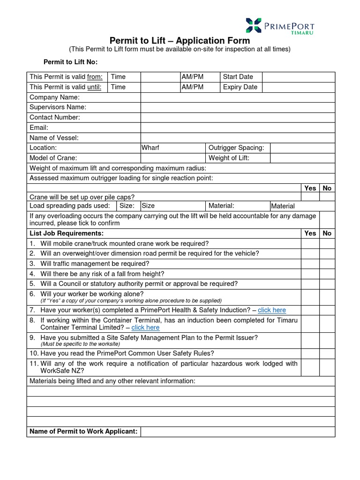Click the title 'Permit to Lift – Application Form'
click(180, 41)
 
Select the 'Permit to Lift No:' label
click(70, 62)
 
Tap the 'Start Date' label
click(238, 77)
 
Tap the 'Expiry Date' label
click(240, 87)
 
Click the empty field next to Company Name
click(238, 97)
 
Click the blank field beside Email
click(238, 127)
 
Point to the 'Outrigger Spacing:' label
click(236, 148)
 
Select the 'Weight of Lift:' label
click(229, 158)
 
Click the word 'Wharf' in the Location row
click(150, 148)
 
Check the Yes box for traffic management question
click(310, 264)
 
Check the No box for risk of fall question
click(327, 274)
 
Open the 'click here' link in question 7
click(271, 310)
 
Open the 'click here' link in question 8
click(145, 328)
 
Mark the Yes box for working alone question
click(310, 297)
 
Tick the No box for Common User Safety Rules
click(327, 353)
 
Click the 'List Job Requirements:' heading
click(67, 233)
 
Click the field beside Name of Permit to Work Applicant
click(238, 432)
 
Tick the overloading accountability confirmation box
click(327, 219)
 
